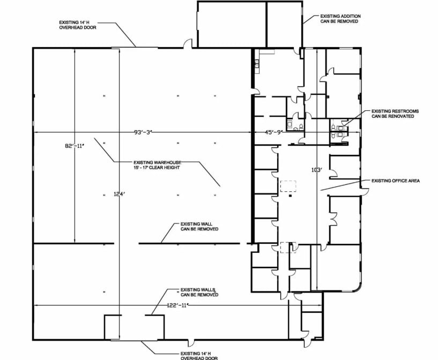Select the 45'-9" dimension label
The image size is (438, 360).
point(273,131)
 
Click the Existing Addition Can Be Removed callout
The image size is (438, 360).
point(340,19)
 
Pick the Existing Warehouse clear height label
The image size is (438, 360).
point(157,165)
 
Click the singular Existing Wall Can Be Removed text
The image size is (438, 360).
point(199,226)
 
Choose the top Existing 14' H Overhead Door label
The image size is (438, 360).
point(78,25)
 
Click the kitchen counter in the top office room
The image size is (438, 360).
point(258,62)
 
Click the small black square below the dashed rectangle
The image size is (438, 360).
point(289,197)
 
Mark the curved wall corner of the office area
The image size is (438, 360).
point(359,286)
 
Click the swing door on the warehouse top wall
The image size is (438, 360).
point(187,43)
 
